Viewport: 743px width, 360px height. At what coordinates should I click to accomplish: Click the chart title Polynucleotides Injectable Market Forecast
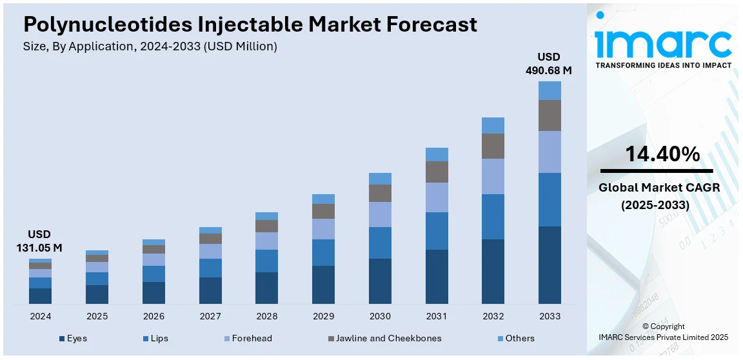click(250, 25)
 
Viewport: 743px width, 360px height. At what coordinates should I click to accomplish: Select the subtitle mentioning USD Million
click(150, 46)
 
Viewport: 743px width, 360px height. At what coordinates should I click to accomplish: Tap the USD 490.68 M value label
click(550, 63)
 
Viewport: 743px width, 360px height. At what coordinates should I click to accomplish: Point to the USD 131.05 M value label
click(39, 241)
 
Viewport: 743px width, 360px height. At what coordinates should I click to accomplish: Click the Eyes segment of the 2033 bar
click(550, 265)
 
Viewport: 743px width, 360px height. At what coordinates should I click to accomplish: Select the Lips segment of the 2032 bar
click(493, 217)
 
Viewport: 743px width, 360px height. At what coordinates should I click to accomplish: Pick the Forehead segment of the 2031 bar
click(437, 197)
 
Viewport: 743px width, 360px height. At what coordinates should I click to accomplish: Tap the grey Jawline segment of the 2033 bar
click(550, 115)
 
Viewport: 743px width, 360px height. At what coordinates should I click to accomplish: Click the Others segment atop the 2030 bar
click(380, 179)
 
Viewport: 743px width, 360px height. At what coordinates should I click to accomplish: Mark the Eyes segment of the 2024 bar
click(40, 295)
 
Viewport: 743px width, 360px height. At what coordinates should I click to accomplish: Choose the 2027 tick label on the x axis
click(210, 317)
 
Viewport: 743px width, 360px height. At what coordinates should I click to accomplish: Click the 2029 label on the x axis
click(323, 317)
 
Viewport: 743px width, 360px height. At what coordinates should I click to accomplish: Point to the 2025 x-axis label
click(97, 317)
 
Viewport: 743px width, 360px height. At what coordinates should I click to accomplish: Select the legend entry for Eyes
click(72, 338)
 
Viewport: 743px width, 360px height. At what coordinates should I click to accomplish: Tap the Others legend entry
click(515, 338)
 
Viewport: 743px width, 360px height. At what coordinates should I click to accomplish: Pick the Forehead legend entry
click(247, 338)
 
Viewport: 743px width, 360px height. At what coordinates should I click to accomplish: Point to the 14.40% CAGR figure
click(662, 154)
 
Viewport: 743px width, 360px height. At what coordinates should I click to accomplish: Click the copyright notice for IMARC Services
click(663, 332)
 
